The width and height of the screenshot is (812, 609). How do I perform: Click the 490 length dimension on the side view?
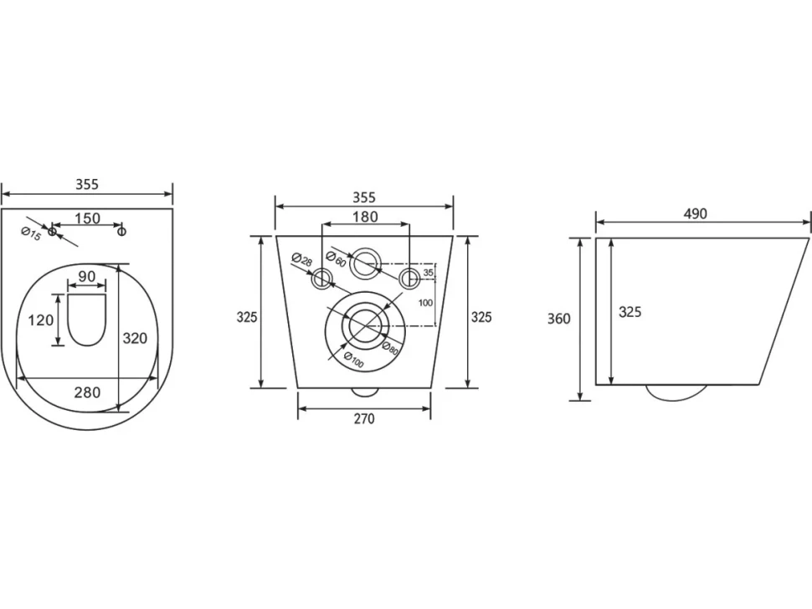[x=695, y=213]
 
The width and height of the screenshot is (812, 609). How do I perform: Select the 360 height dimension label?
[x=558, y=318]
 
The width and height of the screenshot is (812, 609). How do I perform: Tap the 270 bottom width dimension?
[x=364, y=418]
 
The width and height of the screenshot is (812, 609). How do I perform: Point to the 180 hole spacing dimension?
[x=366, y=217]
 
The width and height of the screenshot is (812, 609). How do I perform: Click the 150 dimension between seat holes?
[x=88, y=218]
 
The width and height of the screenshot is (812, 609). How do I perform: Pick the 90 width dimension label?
[x=86, y=276]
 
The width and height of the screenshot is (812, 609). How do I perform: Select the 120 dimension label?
[x=40, y=320]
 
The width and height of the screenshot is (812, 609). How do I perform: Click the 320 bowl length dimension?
[x=135, y=339]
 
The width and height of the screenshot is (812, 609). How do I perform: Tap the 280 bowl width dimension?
[x=87, y=392]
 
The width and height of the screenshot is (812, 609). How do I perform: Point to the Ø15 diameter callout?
[x=31, y=234]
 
